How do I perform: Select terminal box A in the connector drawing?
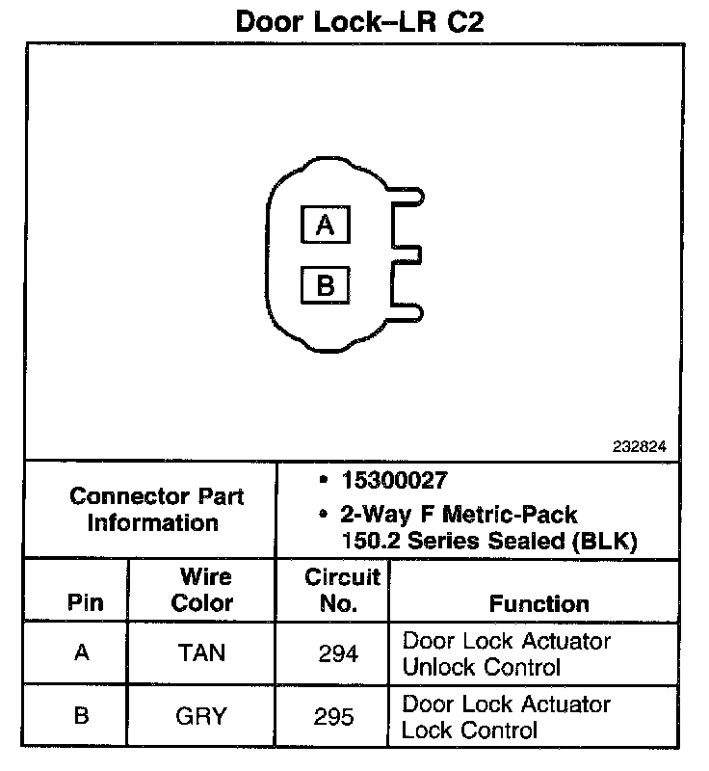(325, 226)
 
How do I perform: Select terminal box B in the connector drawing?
(325, 285)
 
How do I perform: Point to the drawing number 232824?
(639, 447)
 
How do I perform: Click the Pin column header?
(81, 603)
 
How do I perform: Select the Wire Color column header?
(201, 590)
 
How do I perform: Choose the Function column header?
(538, 603)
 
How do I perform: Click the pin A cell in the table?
(81, 652)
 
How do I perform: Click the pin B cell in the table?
(81, 716)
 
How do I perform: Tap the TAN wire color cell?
(201, 652)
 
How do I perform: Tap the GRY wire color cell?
(201, 716)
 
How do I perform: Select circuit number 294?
(337, 652)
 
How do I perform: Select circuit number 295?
(337, 716)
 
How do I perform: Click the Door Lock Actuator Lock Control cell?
(506, 716)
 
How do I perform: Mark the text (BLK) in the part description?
(606, 541)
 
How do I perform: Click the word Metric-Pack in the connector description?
(516, 515)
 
